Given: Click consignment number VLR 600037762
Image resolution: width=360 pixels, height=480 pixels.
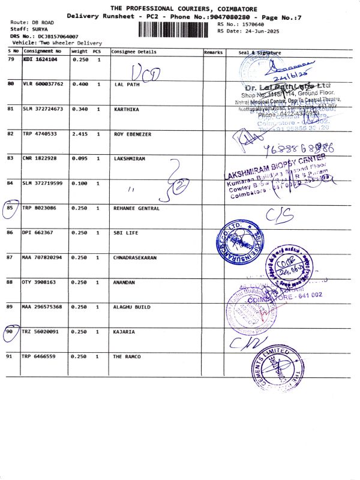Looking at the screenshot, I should point(43,85).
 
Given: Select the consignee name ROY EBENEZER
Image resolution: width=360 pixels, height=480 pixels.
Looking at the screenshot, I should point(133,134).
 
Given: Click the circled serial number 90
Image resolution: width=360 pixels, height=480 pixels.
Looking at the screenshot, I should point(10,332).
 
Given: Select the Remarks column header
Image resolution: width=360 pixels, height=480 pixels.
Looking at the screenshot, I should point(213,52).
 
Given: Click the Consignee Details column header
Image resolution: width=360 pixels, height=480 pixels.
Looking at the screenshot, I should point(133,52).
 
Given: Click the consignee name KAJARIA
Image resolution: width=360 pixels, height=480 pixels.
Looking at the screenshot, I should point(124,332).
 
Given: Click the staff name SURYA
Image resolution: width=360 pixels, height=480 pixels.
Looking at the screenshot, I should point(40,29).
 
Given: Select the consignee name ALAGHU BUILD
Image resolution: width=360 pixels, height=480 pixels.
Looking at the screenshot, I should point(132,307).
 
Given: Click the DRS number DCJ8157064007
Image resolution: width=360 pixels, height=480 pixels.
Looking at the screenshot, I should point(58,37).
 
